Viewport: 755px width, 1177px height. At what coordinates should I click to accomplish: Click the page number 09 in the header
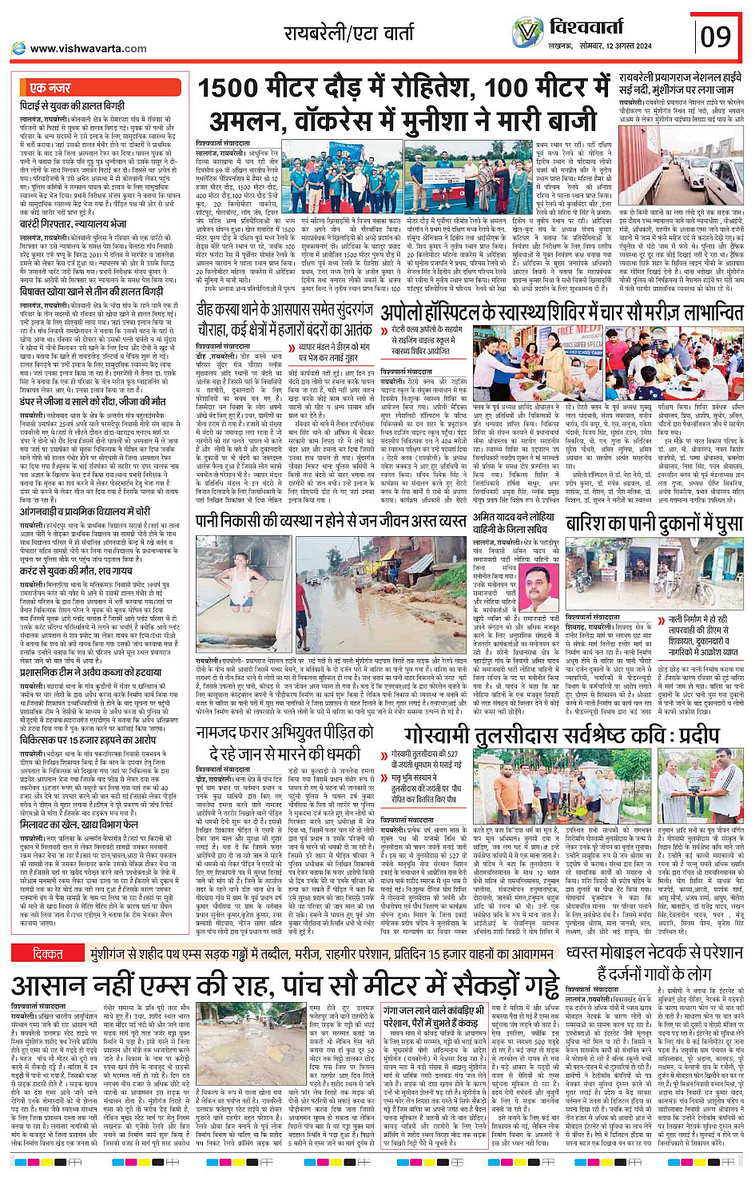715,37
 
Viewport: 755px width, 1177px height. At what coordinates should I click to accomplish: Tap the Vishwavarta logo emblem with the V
527,33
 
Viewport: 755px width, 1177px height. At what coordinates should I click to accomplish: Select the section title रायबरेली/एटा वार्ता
348,34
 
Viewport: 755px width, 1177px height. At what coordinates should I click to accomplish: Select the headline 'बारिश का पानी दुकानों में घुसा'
654,524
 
